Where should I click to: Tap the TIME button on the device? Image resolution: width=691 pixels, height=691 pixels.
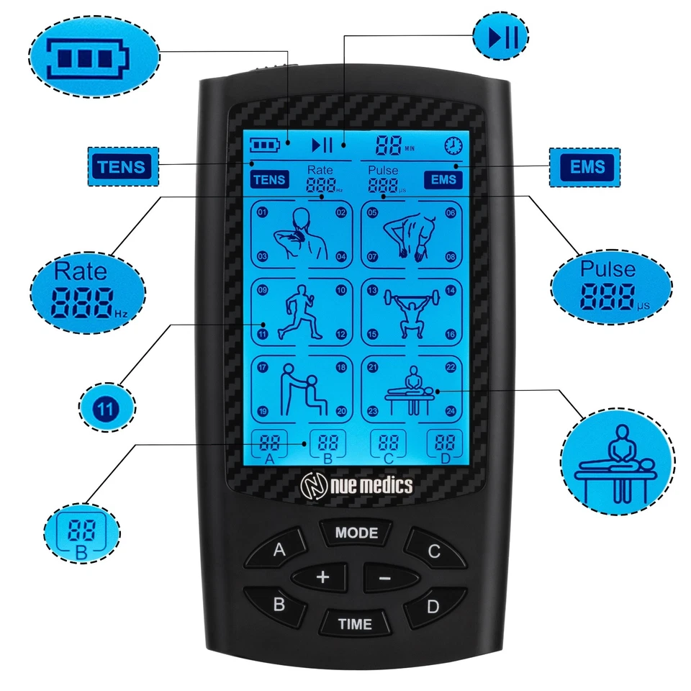click(x=356, y=624)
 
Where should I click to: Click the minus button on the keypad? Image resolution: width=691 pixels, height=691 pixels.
click(x=384, y=577)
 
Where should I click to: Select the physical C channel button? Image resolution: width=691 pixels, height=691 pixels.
click(x=433, y=552)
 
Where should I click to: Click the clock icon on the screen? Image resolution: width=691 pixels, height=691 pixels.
click(x=453, y=145)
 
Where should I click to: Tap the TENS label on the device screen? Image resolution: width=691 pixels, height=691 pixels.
click(x=269, y=179)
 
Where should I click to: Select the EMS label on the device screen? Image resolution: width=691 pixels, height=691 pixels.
click(x=443, y=179)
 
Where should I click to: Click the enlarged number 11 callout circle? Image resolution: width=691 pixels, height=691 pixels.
click(x=106, y=408)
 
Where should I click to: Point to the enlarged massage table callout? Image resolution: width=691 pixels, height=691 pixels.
click(x=618, y=459)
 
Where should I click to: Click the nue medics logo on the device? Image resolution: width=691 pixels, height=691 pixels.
click(x=356, y=486)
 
